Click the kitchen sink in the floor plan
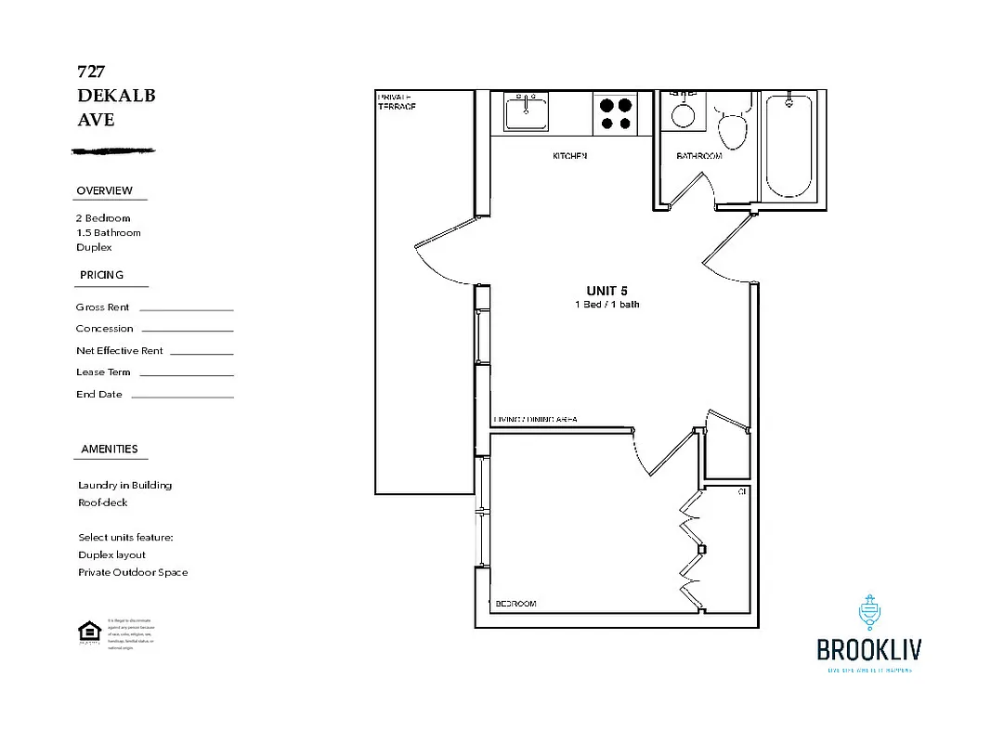(526, 112)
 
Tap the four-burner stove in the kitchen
(615, 113)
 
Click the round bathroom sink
(684, 114)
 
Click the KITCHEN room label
(569, 156)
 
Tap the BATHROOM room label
(698, 156)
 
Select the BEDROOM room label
(515, 604)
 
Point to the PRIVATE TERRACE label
(397, 101)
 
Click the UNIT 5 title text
(606, 291)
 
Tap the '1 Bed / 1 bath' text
(606, 305)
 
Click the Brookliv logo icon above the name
(869, 614)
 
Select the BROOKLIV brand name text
(868, 649)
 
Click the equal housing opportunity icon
(89, 632)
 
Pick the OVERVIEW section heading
(104, 190)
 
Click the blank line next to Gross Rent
(186, 309)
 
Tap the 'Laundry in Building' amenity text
(124, 485)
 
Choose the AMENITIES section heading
(109, 449)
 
